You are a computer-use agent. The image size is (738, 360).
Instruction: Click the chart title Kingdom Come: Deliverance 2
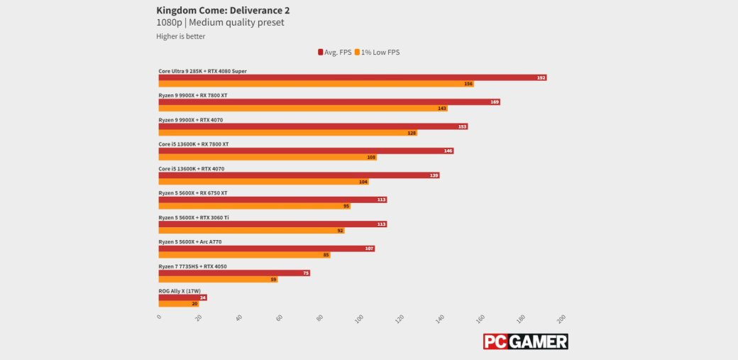(223, 11)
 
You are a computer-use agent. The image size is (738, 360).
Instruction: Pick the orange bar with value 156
(315, 84)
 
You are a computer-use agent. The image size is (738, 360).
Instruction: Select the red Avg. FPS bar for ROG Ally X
(182, 298)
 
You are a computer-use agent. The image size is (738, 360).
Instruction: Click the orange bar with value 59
(217, 279)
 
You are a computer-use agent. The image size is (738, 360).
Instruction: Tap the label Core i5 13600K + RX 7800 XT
(194, 144)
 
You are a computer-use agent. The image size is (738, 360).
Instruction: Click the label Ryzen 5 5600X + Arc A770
(190, 242)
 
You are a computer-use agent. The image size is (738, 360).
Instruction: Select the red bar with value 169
(329, 102)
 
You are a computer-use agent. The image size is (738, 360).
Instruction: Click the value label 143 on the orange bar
(442, 109)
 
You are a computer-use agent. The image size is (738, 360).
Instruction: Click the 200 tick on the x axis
(561, 317)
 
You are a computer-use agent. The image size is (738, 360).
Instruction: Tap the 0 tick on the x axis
(159, 317)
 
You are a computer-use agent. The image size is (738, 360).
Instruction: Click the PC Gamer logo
(525, 342)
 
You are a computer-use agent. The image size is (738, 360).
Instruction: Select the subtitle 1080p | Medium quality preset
(220, 23)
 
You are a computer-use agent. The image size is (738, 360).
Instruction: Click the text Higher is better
(181, 36)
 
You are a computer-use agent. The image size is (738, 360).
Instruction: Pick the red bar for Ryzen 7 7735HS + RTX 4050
(233, 273)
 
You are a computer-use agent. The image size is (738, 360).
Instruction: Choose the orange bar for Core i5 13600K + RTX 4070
(263, 182)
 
